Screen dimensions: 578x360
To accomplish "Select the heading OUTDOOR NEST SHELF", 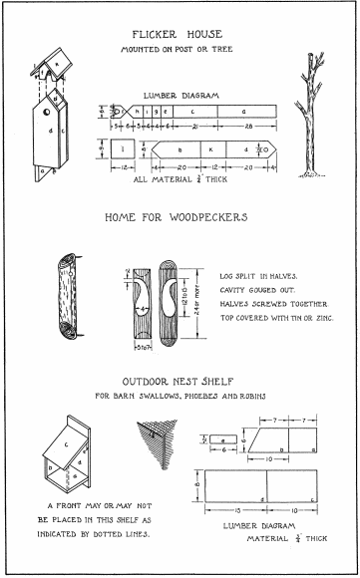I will tap(180, 382).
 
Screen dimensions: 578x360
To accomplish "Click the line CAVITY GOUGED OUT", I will tap(256, 290).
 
